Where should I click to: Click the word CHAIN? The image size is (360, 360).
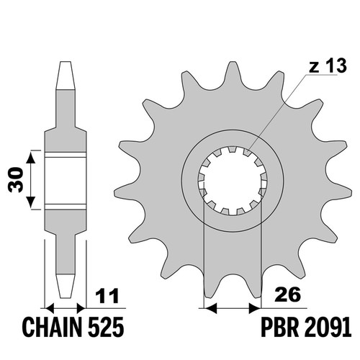point(51,327)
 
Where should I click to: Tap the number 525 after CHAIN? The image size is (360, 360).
point(106,327)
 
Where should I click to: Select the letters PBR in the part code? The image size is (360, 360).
point(279,327)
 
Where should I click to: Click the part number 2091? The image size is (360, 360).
point(328,327)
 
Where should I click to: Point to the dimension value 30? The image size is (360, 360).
point(16,180)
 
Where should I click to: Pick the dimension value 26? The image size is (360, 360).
point(287,294)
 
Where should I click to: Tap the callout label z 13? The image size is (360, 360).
point(328,66)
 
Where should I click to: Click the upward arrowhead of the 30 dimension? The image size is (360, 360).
point(30,158)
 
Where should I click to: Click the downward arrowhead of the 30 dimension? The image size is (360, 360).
point(30,202)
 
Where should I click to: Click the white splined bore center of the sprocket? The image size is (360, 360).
point(233,181)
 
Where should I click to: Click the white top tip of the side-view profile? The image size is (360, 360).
point(66,76)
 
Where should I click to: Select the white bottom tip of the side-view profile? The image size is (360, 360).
point(66,286)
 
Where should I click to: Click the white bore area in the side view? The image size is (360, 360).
point(66,181)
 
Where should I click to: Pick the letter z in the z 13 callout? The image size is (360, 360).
point(314,68)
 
